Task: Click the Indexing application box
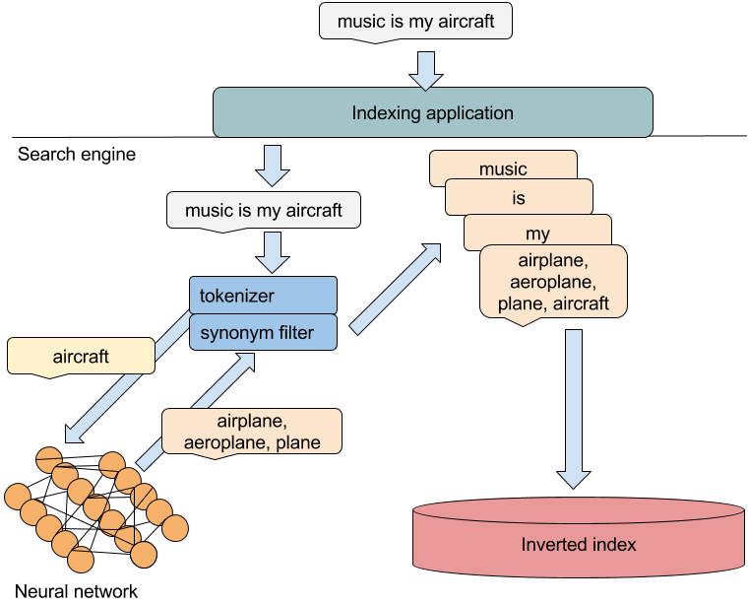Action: click(x=433, y=112)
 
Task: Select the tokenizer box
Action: click(x=263, y=295)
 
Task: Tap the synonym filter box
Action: click(x=263, y=332)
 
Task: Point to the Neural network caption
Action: click(x=78, y=591)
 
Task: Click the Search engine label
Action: click(x=77, y=155)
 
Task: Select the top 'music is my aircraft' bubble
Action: click(x=415, y=21)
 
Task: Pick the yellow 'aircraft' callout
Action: click(x=81, y=356)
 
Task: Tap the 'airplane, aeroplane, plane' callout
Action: click(x=252, y=431)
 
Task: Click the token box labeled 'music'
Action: click(x=503, y=168)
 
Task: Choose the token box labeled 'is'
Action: click(x=519, y=198)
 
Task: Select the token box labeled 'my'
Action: click(x=537, y=234)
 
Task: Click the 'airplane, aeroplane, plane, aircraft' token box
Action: click(x=553, y=282)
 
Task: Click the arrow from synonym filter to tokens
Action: click(x=394, y=290)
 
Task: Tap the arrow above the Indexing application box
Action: click(x=426, y=67)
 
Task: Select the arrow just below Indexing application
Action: click(x=272, y=164)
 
